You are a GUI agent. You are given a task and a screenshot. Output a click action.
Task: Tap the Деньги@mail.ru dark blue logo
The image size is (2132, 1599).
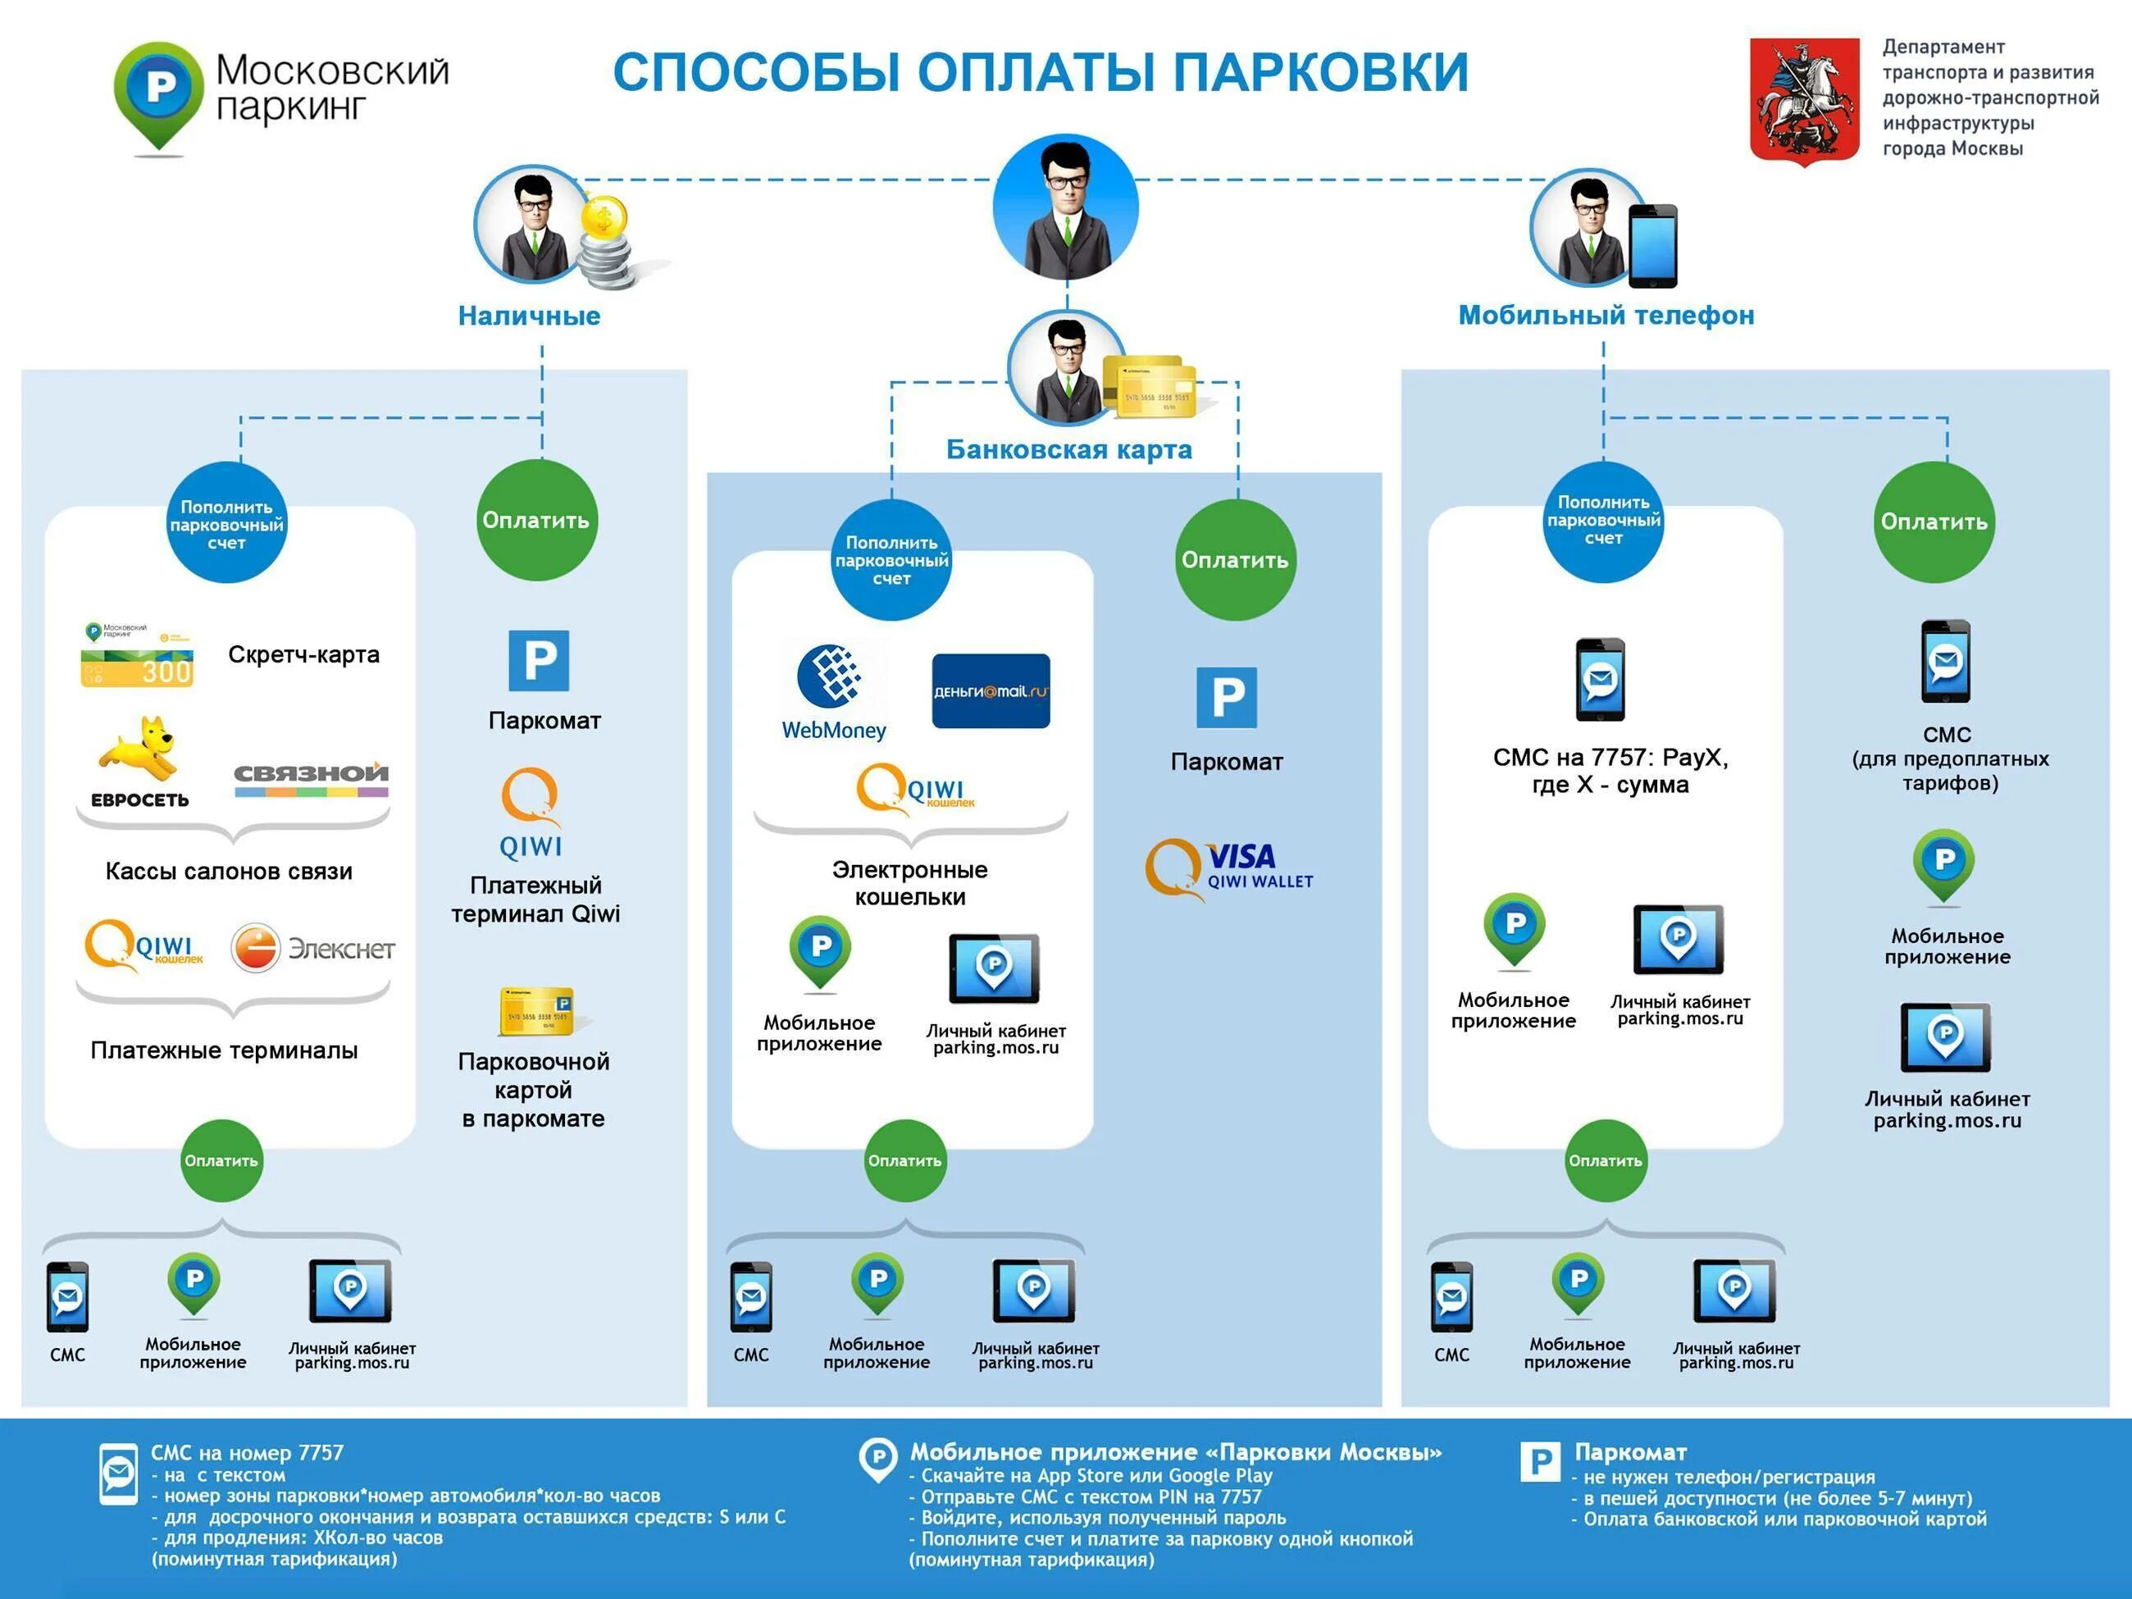[x=990, y=690]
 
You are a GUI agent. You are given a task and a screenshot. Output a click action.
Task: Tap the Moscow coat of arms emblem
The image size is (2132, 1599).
[x=1803, y=99]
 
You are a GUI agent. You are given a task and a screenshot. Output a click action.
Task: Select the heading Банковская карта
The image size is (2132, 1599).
[x=1068, y=449]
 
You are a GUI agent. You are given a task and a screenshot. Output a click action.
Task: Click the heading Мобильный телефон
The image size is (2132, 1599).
[x=1605, y=315]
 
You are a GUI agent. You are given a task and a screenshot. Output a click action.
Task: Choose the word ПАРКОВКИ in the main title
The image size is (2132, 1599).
[x=1319, y=72]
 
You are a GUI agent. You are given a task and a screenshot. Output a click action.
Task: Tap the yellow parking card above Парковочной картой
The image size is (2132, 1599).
[x=537, y=1009]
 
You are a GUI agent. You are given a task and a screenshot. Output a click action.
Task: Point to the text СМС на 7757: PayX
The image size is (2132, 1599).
[x=1610, y=758]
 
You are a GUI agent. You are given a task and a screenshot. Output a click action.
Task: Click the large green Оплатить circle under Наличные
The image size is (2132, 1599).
[x=537, y=521]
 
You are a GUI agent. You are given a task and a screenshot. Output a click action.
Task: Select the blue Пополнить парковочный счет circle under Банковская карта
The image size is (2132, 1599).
[x=891, y=560]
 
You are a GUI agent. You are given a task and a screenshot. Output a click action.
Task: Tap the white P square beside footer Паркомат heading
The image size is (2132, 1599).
[x=1539, y=1461]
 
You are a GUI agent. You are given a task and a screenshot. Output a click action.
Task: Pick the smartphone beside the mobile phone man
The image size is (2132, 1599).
[x=1652, y=246]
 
